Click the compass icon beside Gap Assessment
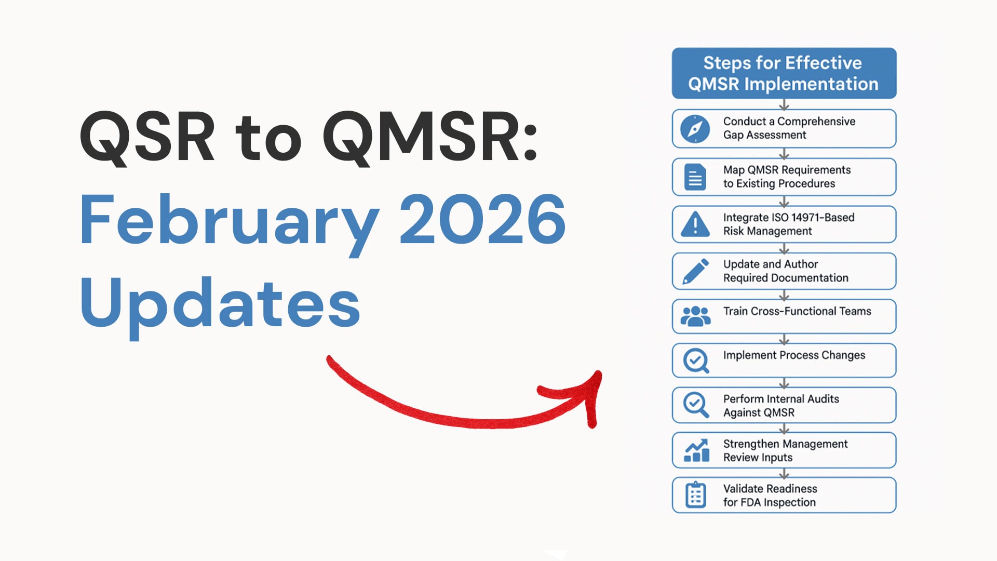click(695, 129)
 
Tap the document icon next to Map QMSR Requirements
click(695, 177)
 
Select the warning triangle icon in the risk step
click(695, 224)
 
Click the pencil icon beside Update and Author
click(695, 271)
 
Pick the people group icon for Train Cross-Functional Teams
click(695, 316)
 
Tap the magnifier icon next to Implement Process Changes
click(696, 360)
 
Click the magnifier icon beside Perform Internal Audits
click(696, 405)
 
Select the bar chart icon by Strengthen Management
click(696, 450)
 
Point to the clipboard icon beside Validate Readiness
click(695, 495)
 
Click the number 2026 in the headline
click(482, 219)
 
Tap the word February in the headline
click(230, 225)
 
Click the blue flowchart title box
click(784, 73)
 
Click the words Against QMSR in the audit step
click(759, 413)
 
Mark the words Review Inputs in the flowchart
click(758, 458)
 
